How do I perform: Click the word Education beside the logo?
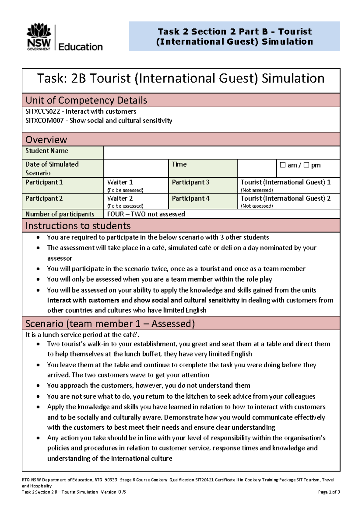click(80, 47)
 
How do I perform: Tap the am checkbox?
click(283, 165)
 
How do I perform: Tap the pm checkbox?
click(306, 165)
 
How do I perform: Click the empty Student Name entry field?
click(221, 153)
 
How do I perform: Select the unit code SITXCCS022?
click(43, 111)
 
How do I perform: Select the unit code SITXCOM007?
click(44, 121)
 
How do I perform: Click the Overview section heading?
click(46, 140)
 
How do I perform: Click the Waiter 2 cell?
click(120, 198)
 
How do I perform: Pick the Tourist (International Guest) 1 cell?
click(285, 182)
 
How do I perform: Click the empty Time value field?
click(257, 168)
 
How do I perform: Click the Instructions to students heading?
click(78, 226)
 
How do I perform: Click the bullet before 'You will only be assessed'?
click(38, 279)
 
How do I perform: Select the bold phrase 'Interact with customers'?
click(83, 300)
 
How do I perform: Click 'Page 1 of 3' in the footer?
click(329, 492)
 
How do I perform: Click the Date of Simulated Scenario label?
click(52, 168)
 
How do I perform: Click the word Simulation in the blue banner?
click(287, 42)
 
